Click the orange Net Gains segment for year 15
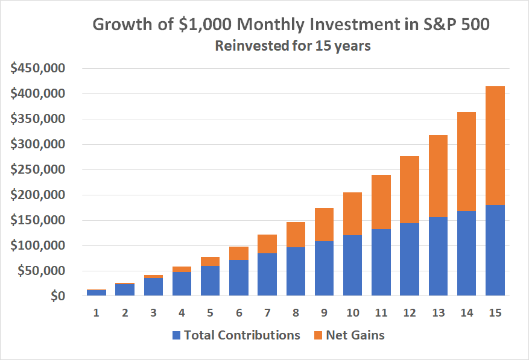495,145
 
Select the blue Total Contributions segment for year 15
495,250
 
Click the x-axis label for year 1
97,314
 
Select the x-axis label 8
296,314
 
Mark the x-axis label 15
495,314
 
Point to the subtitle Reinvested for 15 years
293,46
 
